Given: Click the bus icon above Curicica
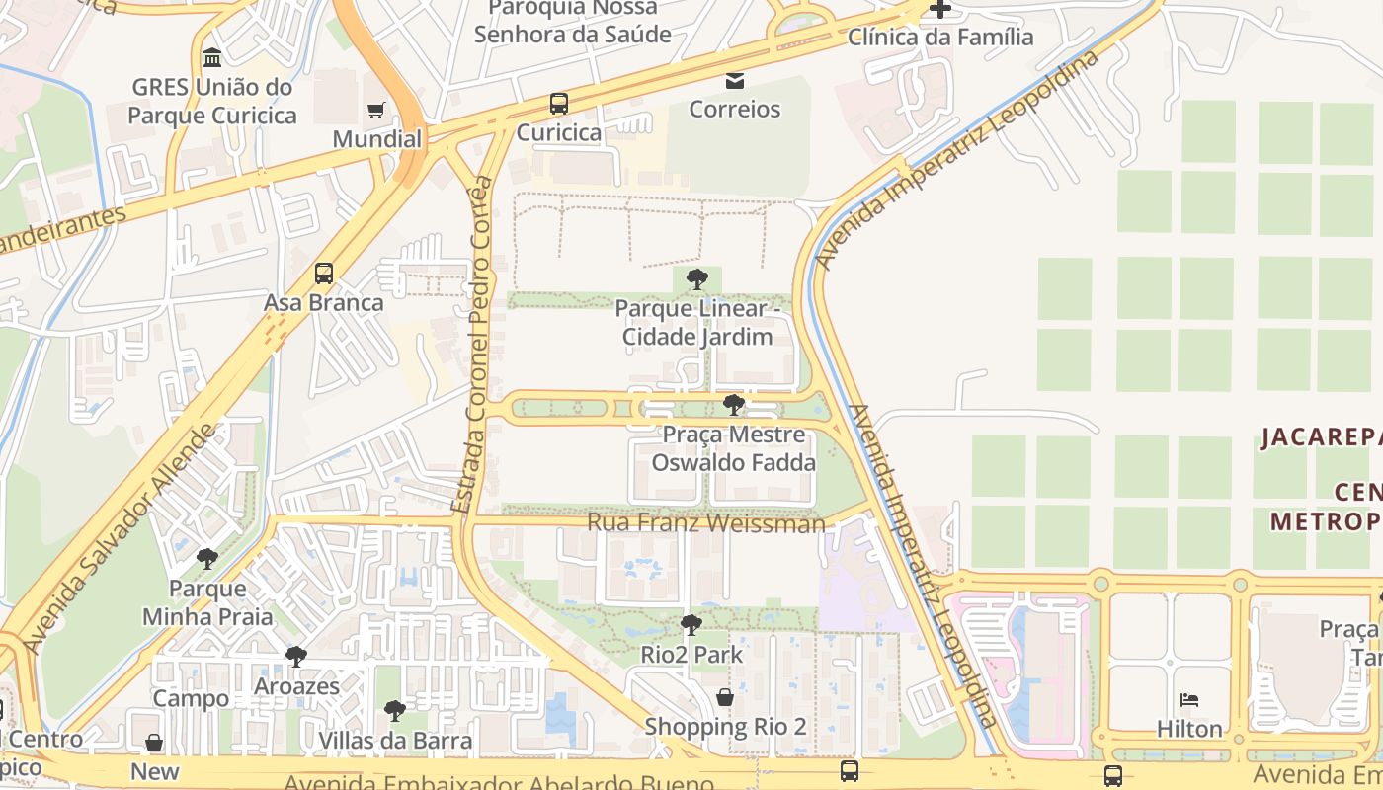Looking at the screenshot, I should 559,103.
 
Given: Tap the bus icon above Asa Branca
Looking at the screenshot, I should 324,274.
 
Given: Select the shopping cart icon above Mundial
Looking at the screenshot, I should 375,110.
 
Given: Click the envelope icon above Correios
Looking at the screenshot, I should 735,80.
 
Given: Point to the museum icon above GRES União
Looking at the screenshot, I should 211,57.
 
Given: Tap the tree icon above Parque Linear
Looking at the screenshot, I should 696,279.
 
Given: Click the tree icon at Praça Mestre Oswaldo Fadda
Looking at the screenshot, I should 733,404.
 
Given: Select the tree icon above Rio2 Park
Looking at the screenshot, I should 691,625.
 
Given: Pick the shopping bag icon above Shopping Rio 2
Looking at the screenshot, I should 725,697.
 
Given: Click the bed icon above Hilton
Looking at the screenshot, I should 1189,700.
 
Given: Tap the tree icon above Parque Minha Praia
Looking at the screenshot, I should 207,559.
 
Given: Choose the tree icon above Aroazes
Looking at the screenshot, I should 295,657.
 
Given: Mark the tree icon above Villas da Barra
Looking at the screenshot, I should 395,711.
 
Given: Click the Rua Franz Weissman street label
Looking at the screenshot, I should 705,522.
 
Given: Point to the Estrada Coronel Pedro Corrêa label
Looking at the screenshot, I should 472,345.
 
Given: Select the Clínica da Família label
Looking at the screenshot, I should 940,38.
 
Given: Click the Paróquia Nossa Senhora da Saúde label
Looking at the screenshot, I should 572,22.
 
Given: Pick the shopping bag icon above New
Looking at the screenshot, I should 154,743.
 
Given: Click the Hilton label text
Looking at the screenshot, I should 1189,729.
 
